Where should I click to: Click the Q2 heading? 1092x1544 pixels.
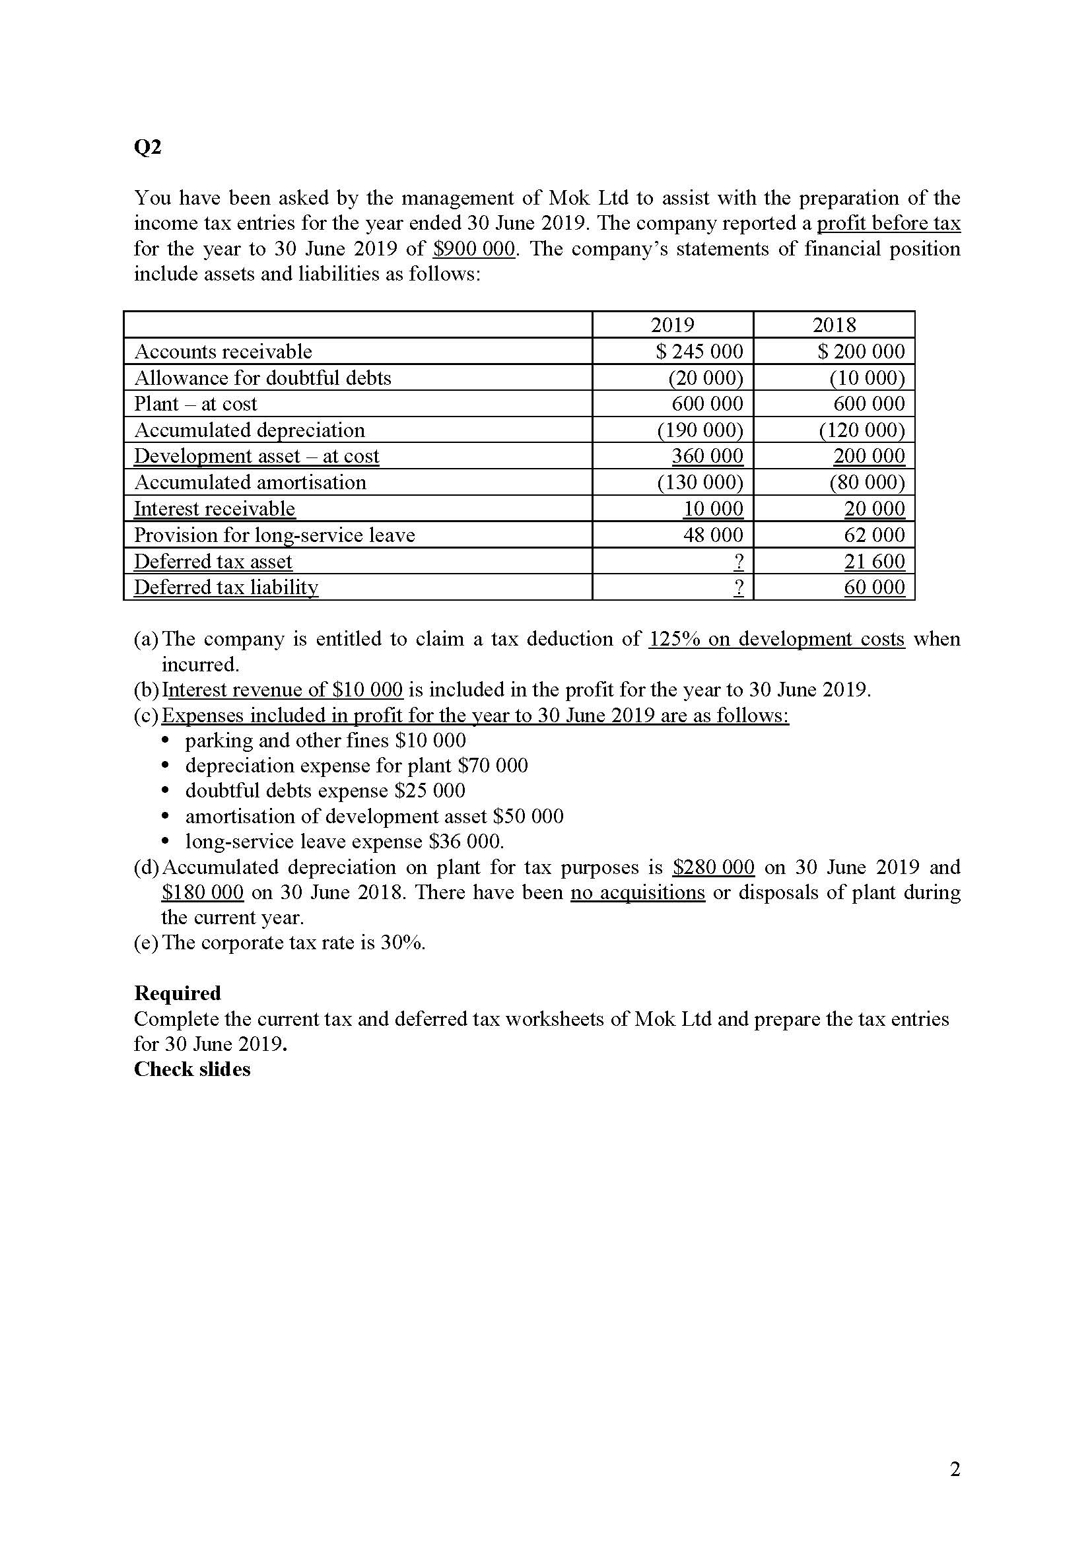tap(147, 147)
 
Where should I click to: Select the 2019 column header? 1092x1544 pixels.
tap(671, 325)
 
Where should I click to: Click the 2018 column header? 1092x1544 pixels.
tap(834, 325)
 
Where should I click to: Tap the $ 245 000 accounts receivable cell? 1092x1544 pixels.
tap(699, 351)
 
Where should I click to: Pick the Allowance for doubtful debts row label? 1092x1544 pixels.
tap(262, 378)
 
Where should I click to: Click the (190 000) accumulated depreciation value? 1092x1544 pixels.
tap(699, 430)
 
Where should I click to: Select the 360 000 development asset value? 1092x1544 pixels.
tap(707, 456)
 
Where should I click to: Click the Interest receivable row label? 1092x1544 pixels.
tap(215, 508)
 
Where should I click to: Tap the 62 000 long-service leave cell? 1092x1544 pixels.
tap(874, 535)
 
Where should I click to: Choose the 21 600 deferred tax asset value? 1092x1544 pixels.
tap(874, 561)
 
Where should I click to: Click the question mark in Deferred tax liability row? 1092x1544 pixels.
tap(738, 587)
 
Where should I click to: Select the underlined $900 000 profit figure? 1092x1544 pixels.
tap(474, 249)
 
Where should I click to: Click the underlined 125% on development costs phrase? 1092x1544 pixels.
tap(776, 638)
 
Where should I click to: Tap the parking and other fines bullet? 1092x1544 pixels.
tap(325, 741)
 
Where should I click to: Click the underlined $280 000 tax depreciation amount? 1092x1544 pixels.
tap(714, 867)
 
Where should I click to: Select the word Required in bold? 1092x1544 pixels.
tap(178, 993)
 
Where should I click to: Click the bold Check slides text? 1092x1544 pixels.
tap(191, 1069)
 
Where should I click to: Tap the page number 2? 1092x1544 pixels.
tap(955, 1469)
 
